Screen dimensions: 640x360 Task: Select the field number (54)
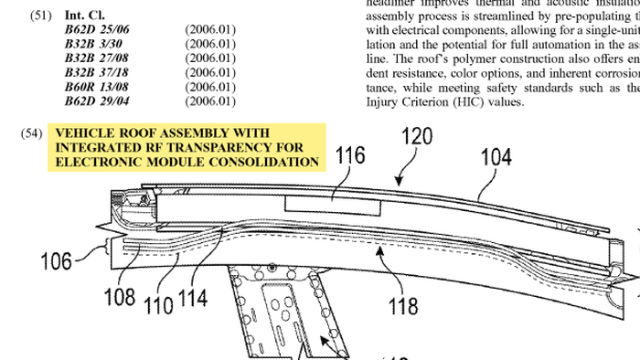point(31,133)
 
